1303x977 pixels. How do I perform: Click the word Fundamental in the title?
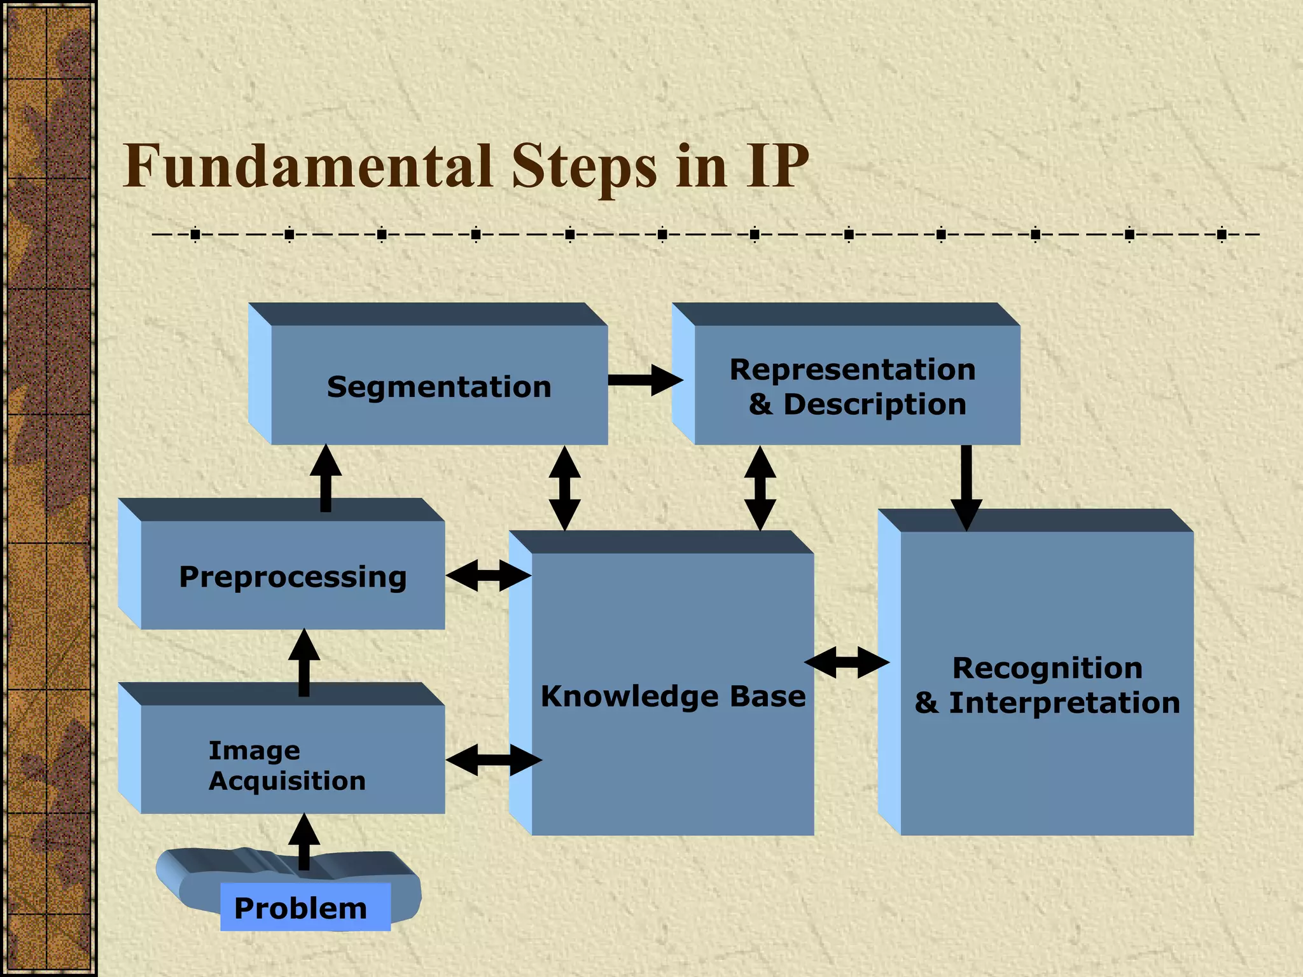(x=308, y=166)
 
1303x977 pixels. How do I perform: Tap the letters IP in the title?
(x=777, y=166)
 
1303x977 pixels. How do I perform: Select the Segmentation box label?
(x=439, y=387)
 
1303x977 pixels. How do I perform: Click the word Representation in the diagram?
(x=853, y=370)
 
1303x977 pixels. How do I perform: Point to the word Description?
(x=875, y=405)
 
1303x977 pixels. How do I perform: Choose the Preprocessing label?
(x=293, y=577)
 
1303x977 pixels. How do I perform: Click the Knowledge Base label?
(x=672, y=696)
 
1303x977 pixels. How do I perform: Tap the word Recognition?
(x=1047, y=668)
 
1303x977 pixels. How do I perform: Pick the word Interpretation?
(x=1064, y=703)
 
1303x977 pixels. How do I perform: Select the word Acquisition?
(x=288, y=781)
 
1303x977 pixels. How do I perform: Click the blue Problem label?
(x=301, y=908)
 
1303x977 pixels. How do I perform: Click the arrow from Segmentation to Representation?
(x=644, y=380)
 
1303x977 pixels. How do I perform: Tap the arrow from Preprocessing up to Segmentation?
(x=326, y=478)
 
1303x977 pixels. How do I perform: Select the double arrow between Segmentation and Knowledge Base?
(x=564, y=488)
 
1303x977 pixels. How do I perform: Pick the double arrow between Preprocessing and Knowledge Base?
(x=489, y=576)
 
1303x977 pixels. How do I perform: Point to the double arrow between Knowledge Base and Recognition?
(x=847, y=662)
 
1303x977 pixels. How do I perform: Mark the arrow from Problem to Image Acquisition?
(x=304, y=841)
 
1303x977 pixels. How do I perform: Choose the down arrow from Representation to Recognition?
(x=966, y=487)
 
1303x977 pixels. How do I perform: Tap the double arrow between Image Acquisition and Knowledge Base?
(x=494, y=759)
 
